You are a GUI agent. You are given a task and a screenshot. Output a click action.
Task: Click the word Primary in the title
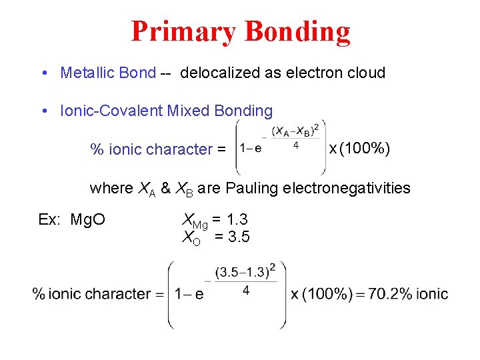point(184,31)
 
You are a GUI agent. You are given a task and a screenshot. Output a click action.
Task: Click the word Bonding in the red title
point(297,31)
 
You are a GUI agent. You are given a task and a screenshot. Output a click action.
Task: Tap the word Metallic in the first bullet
point(85,73)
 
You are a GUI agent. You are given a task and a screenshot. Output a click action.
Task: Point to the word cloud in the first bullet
point(365,73)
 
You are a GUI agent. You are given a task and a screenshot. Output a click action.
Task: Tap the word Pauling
point(251,188)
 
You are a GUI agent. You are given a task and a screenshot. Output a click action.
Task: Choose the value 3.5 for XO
point(238,236)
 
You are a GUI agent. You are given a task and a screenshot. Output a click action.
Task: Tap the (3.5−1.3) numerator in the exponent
point(245,271)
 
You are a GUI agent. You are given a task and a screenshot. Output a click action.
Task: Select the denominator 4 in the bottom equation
point(246,291)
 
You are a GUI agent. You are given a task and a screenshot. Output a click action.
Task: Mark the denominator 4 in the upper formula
point(296,143)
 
